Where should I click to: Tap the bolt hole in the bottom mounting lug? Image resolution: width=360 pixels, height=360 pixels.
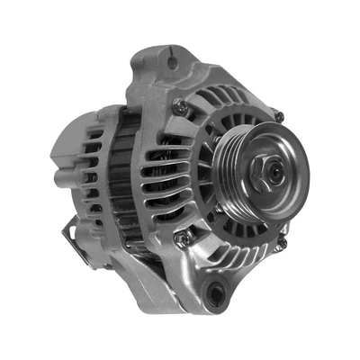pos(217,291)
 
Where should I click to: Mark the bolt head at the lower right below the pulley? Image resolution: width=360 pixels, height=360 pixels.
pos(282,240)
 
